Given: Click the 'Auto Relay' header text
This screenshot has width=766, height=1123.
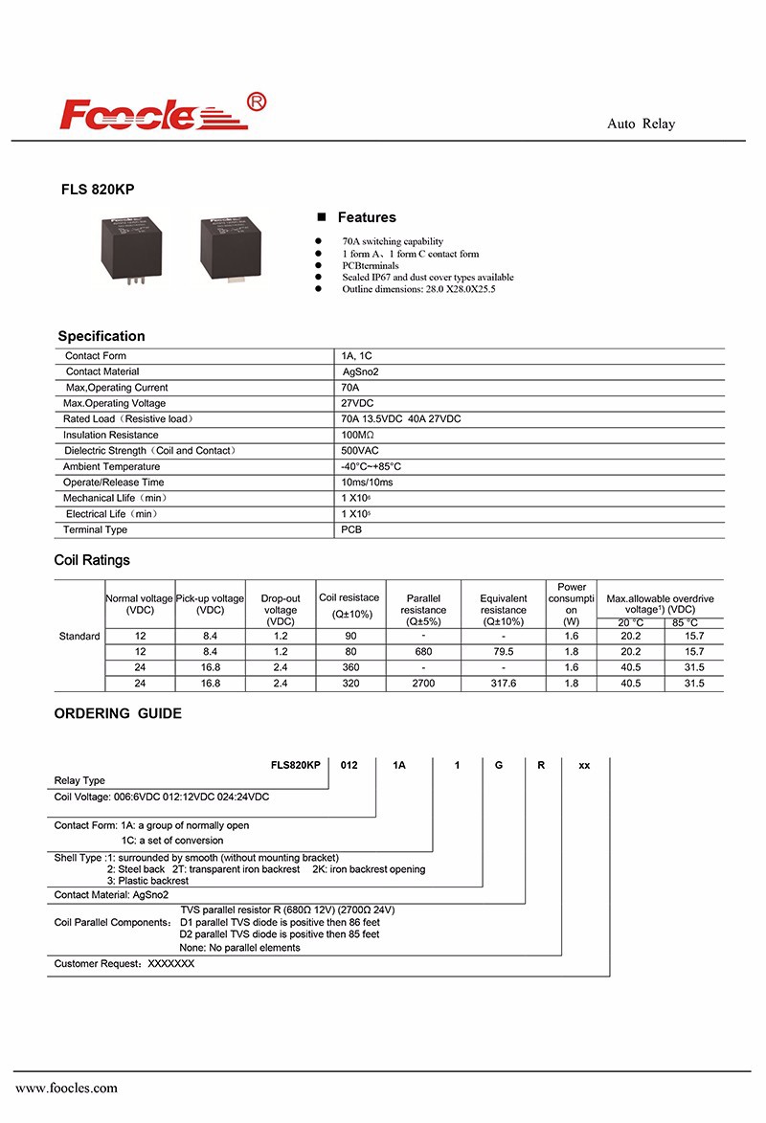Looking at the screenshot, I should pyautogui.click(x=641, y=124).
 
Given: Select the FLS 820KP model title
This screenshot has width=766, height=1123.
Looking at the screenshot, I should pyautogui.click(x=98, y=190).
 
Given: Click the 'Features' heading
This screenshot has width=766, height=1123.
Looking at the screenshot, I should pyautogui.click(x=366, y=217).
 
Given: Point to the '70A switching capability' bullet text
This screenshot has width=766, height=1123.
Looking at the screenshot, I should pyautogui.click(x=393, y=241).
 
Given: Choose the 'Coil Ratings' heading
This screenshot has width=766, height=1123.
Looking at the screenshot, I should pyautogui.click(x=92, y=560).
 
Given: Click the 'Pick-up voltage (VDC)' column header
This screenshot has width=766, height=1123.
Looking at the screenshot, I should pyautogui.click(x=210, y=604).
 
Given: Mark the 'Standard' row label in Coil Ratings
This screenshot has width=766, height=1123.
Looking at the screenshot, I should pyautogui.click(x=79, y=637).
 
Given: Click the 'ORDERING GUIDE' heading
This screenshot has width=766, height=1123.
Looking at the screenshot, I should pyautogui.click(x=118, y=713).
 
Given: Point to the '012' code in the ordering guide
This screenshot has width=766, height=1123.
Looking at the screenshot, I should pyautogui.click(x=349, y=766).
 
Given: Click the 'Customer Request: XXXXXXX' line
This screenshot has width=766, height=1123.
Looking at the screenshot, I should pyautogui.click(x=124, y=964).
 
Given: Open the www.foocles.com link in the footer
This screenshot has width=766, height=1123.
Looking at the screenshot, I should pyautogui.click(x=67, y=1088).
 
